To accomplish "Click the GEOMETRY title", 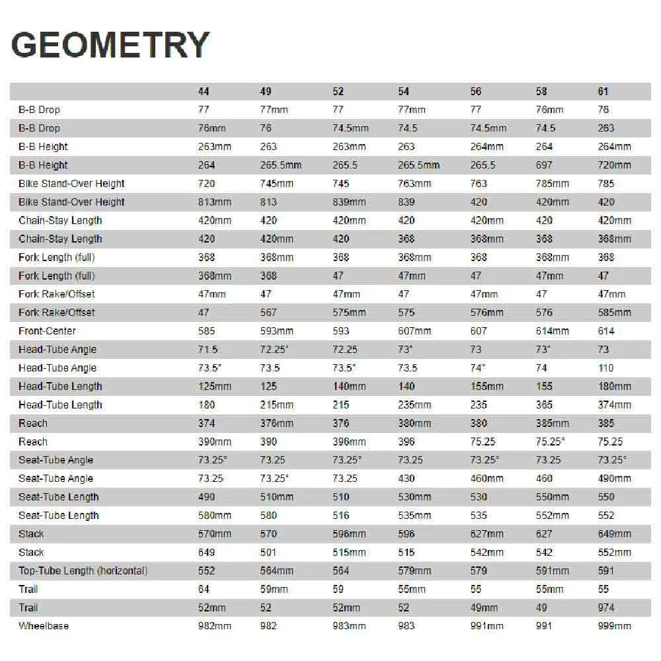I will pos(110,46).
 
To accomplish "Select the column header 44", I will pos(204,91).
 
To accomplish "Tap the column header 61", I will pos(603,91).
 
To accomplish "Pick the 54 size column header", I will pos(404,91).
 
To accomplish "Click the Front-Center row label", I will pos(47,330).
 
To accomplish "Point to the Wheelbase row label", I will pos(44,625).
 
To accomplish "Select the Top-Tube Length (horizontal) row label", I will pos(83,570).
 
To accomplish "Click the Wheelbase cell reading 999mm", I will pos(614,625).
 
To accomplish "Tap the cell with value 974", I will pos(606,607).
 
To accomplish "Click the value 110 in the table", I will pos(605,368).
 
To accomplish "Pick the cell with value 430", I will pos(407,478).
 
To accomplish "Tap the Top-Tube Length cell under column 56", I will pos(478,570).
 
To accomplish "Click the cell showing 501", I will pos(268,552).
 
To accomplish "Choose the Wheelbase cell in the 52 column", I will pos(349,625).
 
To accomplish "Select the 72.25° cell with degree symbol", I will pos(278,349).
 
